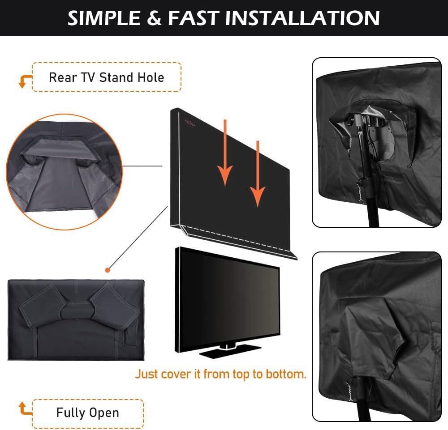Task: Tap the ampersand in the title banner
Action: pos(155,18)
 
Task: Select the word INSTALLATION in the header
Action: pos(302,18)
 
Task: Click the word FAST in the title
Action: pos(194,18)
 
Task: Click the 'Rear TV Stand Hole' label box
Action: pos(107,77)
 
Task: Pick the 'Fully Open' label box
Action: pos(88,412)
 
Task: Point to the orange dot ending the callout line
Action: pos(107,270)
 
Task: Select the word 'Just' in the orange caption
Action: pos(146,374)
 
